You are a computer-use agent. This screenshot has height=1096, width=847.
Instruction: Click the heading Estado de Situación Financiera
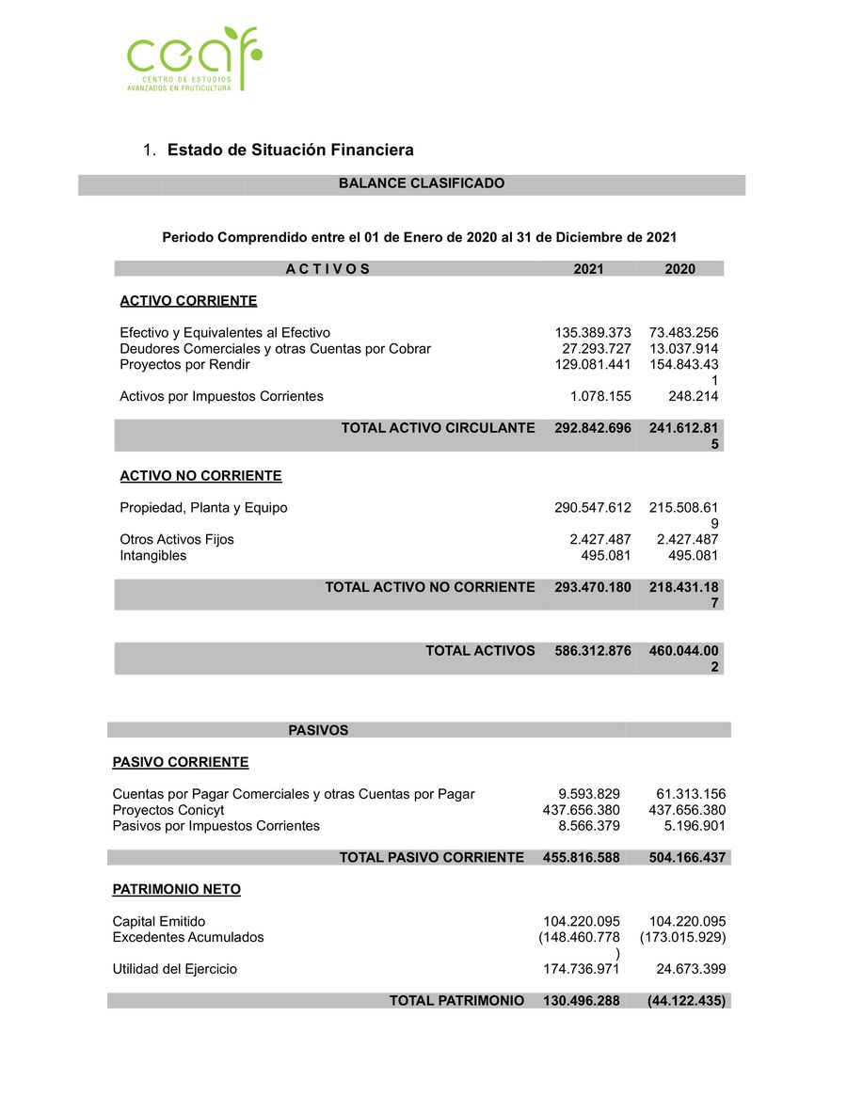pos(290,151)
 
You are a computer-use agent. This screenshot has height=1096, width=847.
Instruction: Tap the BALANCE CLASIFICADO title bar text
pos(421,184)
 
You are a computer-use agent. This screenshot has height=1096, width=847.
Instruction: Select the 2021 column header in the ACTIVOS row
pos(588,269)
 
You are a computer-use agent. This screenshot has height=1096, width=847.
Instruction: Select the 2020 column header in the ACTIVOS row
pos(679,269)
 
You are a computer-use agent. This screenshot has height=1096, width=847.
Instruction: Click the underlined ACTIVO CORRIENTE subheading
pos(188,301)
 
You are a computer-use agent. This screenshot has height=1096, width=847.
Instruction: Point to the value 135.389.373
pos(593,333)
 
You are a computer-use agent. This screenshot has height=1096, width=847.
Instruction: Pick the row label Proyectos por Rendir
pos(184,365)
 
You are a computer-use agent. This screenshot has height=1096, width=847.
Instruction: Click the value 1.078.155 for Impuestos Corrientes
pos(599,397)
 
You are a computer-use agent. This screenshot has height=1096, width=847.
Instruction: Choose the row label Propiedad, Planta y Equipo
pos(203,508)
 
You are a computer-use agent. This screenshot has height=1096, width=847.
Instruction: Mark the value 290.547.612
pos(593,508)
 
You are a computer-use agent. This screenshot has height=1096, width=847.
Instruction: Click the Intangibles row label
pos(152,556)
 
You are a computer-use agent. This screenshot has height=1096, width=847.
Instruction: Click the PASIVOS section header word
pos(318,730)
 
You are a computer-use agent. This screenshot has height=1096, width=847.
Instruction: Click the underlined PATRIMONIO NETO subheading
pos(176,890)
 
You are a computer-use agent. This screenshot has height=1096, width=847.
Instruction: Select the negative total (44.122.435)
pos(686,1001)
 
